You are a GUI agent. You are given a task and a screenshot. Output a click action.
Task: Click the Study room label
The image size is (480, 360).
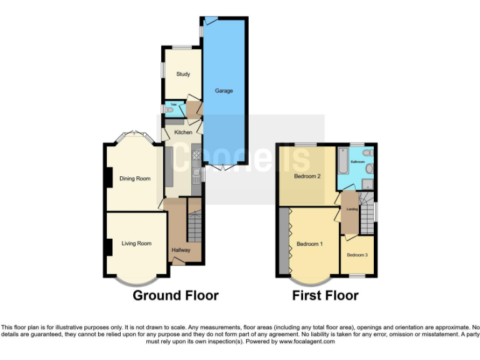(182, 74)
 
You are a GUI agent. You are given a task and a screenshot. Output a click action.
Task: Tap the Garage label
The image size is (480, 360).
(224, 91)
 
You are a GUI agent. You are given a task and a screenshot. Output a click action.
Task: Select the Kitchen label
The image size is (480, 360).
(183, 132)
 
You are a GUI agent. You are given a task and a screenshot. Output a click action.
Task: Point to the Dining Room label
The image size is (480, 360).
(135, 179)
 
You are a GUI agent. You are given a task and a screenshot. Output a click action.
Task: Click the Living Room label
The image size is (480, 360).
(136, 244)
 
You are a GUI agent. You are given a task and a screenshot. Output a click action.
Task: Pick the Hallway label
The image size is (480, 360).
(181, 251)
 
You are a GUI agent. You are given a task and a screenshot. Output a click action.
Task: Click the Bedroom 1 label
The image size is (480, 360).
(309, 244)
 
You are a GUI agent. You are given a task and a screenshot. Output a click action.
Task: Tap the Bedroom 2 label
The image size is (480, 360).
(307, 176)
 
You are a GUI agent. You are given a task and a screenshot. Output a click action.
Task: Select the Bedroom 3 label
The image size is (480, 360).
(357, 255)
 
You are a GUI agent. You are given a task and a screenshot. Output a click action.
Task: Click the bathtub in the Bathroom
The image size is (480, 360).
(342, 161)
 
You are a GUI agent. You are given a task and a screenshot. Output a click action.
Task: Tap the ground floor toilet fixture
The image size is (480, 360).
(168, 109)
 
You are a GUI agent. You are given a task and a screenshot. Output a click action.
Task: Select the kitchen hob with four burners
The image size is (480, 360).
(196, 154)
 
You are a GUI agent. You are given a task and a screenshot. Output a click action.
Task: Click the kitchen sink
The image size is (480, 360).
(196, 172)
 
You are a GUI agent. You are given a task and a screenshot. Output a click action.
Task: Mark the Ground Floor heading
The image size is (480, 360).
(176, 296)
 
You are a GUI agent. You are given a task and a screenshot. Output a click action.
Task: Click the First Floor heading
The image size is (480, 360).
(325, 296)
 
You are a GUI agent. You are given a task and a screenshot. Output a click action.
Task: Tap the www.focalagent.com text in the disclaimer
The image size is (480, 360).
(307, 342)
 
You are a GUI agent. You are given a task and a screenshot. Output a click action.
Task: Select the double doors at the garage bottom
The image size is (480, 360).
(224, 168)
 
